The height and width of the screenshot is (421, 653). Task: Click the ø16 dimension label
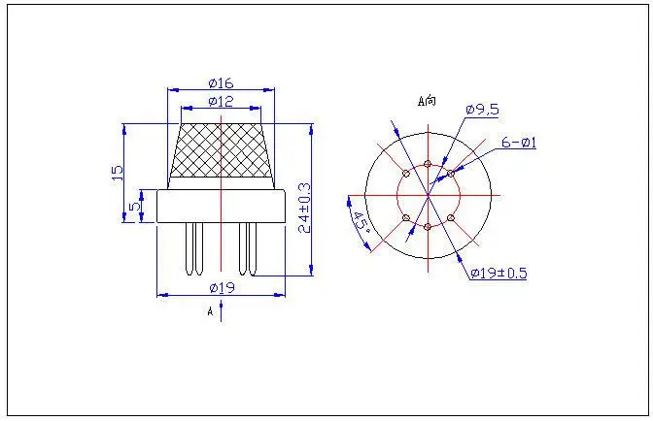coord(222,83)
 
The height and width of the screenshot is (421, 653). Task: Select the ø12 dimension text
coord(222,102)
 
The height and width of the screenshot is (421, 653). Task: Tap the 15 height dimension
coord(118,173)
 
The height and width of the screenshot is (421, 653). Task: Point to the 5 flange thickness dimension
coord(134,207)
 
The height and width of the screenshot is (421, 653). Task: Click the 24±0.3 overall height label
coord(305,208)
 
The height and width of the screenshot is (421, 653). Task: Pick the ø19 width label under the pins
coord(223,287)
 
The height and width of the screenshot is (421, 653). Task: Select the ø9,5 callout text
coord(482,110)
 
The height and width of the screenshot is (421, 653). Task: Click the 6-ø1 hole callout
coord(519,143)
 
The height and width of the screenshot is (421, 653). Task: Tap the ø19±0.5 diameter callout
coord(498,274)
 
